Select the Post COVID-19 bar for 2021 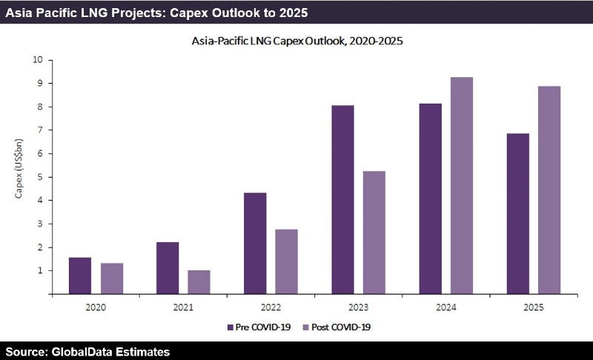click(199, 282)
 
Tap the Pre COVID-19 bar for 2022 click(256, 244)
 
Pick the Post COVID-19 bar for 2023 click(374, 233)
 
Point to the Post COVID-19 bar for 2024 click(462, 185)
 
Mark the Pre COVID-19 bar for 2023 click(342, 200)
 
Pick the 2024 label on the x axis click(446, 305)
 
